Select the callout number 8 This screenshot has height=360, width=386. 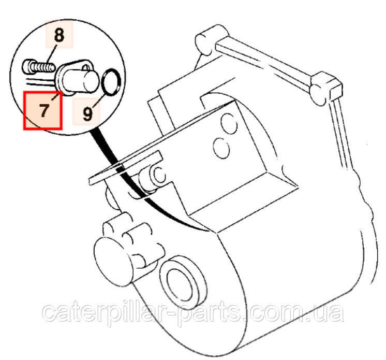click(x=59, y=35)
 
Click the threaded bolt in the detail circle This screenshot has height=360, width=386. click(x=39, y=66)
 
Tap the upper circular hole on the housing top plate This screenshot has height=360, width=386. click(x=229, y=123)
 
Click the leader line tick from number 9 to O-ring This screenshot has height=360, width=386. click(x=98, y=102)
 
